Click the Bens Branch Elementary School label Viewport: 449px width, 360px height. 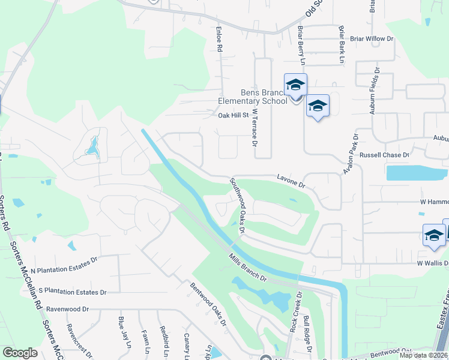264,97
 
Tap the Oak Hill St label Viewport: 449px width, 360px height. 233,115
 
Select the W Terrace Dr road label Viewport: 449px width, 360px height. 255,128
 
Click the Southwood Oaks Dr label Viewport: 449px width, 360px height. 237,205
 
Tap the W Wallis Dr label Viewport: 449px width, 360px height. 429,263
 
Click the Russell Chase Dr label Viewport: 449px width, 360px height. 384,155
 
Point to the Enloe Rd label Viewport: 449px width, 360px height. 220,38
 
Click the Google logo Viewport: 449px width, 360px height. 20,353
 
